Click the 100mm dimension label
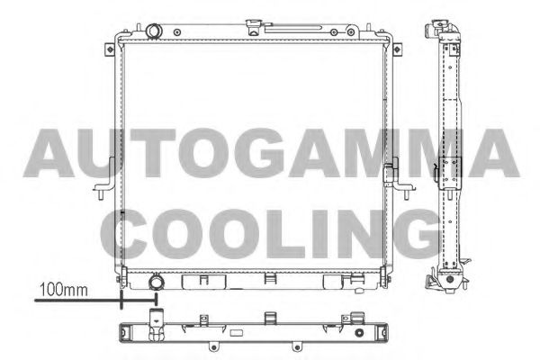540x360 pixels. (x=64, y=290)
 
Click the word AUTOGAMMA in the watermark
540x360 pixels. (x=271, y=153)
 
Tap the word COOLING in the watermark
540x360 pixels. (x=270, y=234)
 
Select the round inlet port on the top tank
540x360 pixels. (x=154, y=31)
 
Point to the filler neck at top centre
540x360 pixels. (x=255, y=28)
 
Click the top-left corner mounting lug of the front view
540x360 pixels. (x=110, y=49)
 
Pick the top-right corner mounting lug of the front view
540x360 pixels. (x=397, y=49)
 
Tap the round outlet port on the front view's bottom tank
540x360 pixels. (x=157, y=282)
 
